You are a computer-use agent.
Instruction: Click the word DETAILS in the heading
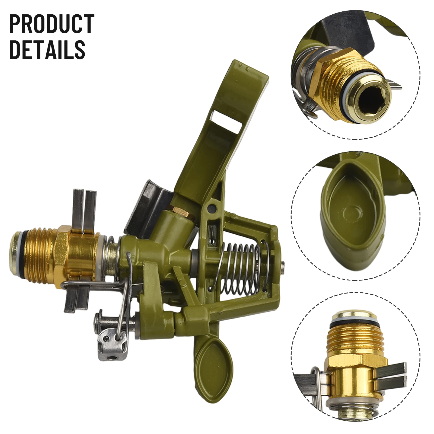click(x=47, y=50)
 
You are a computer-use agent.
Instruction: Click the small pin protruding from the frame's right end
click(x=283, y=264)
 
